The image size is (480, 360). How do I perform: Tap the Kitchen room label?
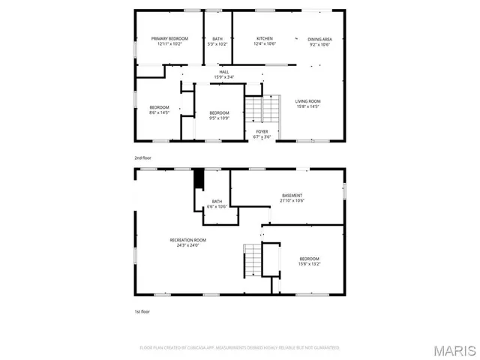(x=265, y=38)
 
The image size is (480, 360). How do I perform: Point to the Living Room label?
(x=307, y=101)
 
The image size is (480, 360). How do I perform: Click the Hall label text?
(x=224, y=72)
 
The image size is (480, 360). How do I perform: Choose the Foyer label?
(x=262, y=132)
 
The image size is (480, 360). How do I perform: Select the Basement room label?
(x=292, y=196)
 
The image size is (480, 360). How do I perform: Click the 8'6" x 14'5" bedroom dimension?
(x=159, y=112)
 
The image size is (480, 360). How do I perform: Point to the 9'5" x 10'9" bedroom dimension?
(x=220, y=118)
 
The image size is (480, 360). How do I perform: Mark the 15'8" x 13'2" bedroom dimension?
(x=310, y=263)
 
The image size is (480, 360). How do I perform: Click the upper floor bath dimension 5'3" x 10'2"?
(x=217, y=43)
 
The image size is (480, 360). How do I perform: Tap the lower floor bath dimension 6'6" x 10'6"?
(x=217, y=206)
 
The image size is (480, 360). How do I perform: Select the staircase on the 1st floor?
(x=253, y=260)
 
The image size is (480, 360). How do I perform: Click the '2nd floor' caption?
(x=142, y=158)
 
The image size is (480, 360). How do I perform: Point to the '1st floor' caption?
(x=142, y=310)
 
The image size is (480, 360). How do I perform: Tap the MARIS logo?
(x=454, y=350)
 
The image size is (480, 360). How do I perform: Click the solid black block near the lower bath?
(x=199, y=180)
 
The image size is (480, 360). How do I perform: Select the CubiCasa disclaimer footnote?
(x=239, y=348)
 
